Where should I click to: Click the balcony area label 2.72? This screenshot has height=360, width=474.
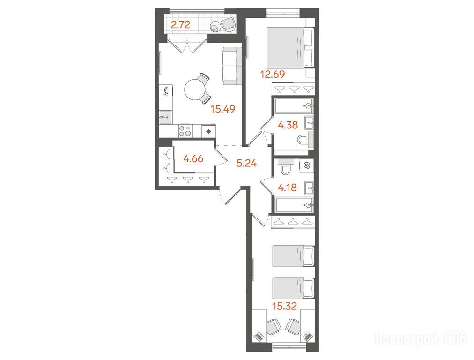pos(180,24)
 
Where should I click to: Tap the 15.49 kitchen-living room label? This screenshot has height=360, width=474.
pos(223,109)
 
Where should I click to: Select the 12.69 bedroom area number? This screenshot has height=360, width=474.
pos(273,74)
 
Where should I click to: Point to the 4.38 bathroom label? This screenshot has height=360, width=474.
pos(288,125)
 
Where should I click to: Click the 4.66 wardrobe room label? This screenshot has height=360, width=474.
pos(193,158)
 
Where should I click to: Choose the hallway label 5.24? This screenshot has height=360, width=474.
pos(247,164)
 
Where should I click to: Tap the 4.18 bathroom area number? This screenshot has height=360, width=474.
pos(287,188)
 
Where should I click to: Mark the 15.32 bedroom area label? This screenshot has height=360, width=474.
pos(284,306)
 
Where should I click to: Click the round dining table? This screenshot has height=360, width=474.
pos(195,90)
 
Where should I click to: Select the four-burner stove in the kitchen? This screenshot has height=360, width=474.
pos(185,131)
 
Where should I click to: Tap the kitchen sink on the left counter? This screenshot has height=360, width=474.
pos(165,117)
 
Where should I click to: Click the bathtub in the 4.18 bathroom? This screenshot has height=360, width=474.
pos(294,205)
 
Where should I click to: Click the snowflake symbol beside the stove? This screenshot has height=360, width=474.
pos(208,132)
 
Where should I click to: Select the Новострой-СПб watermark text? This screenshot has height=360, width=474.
pos(421,338)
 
